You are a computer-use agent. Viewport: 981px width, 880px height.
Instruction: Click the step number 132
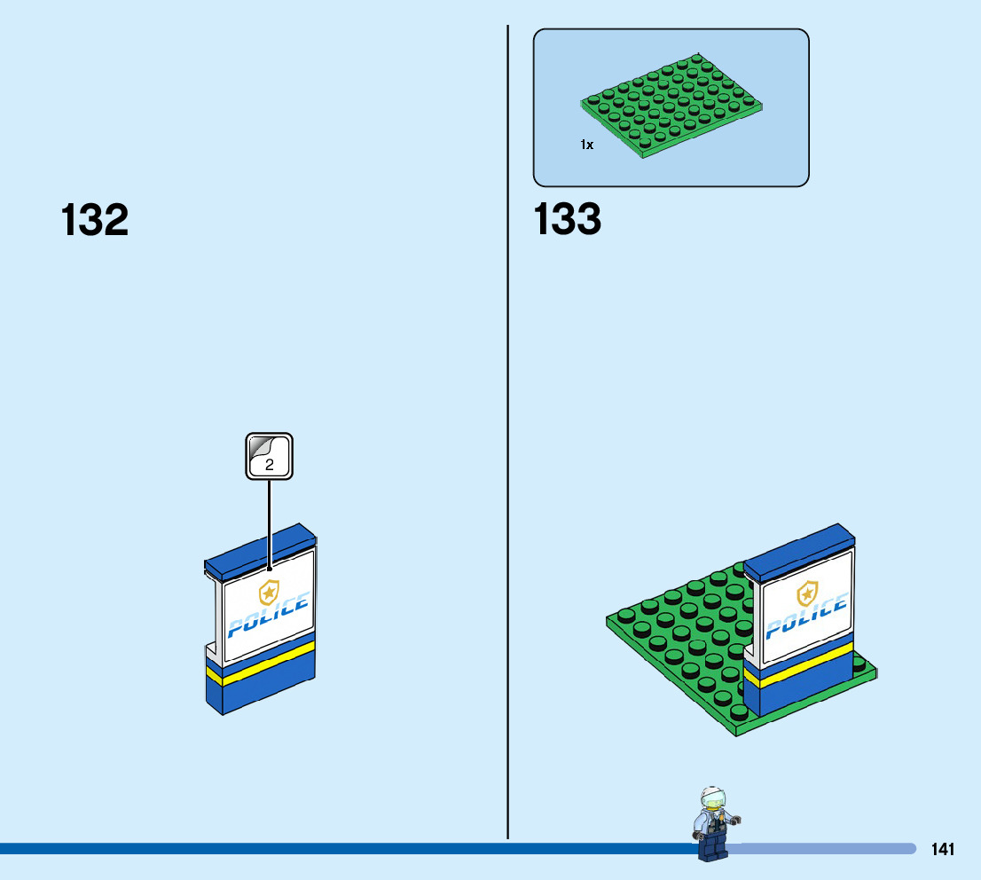click(95, 220)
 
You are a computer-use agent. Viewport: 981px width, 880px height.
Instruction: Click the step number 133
click(568, 220)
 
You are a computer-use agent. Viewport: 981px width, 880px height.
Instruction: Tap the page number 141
click(943, 850)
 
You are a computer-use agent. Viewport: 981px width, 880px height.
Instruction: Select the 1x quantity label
click(586, 145)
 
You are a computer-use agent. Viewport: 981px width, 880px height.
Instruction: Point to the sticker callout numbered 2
click(269, 456)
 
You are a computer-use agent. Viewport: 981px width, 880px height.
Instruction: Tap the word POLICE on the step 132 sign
click(268, 616)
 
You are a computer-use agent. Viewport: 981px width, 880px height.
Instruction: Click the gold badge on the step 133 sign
click(807, 593)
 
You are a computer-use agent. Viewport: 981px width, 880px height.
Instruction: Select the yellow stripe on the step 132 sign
click(262, 663)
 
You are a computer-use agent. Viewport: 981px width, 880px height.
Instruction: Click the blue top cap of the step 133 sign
click(798, 546)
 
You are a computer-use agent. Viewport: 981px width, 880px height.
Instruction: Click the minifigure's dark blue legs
click(711, 847)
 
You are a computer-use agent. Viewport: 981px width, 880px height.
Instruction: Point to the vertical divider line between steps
click(507, 444)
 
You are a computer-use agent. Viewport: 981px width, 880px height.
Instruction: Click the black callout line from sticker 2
click(269, 523)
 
